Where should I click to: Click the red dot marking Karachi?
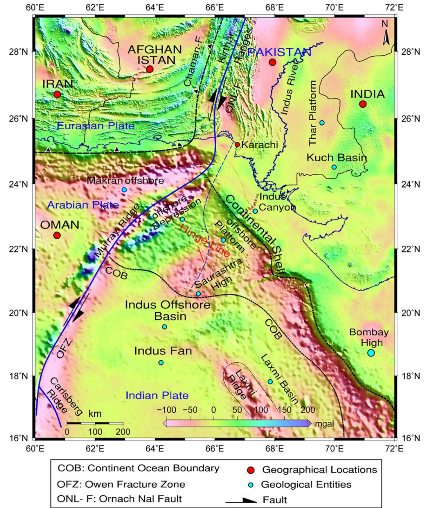pos(237,145)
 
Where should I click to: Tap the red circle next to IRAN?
pos(57,94)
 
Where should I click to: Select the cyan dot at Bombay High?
pos(371,353)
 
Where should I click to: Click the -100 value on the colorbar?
pos(166,410)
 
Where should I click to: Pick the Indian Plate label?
pos(157,395)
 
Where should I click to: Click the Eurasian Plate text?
pos(96,126)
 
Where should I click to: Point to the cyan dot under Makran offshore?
pos(124,190)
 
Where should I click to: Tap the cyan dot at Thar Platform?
pos(322,123)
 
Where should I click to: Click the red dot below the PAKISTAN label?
pos(272,62)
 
